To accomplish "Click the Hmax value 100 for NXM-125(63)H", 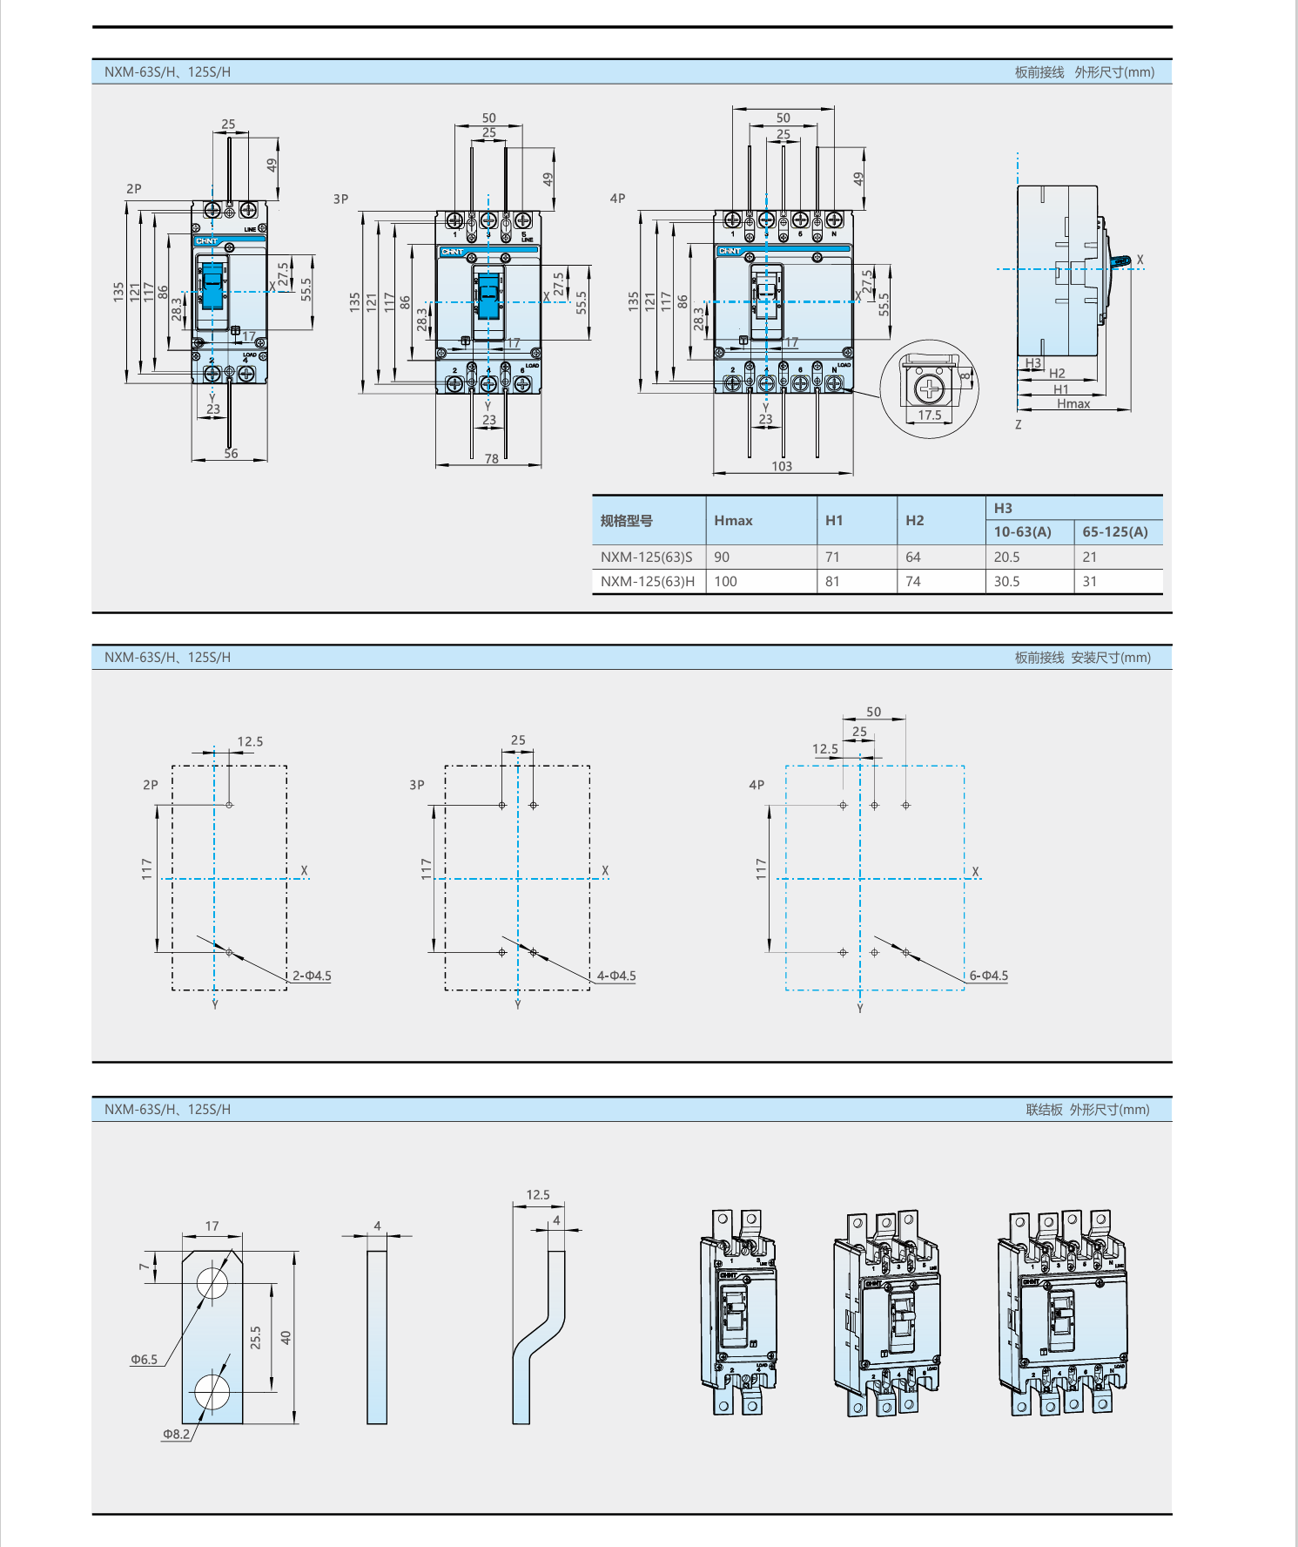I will (x=725, y=582).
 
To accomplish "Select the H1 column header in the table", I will (x=834, y=521).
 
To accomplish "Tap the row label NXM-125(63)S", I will (x=647, y=557).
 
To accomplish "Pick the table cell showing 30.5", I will (x=1006, y=582).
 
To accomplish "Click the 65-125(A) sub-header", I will (x=1115, y=532).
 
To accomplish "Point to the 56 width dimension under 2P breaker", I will (x=231, y=454).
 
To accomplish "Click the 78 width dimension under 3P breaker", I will (x=492, y=459).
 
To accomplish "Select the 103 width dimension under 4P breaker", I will (x=782, y=467).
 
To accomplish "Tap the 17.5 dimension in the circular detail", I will (x=930, y=415).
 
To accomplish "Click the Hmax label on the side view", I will (x=1073, y=404).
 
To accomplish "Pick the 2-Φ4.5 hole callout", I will (x=312, y=976).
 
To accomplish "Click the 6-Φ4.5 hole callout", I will (x=989, y=976).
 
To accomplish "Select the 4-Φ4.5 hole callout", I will (x=616, y=976).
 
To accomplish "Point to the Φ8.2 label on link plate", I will (x=176, y=1434).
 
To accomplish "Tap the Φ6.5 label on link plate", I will (x=145, y=1360).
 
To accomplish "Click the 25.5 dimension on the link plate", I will (x=256, y=1338).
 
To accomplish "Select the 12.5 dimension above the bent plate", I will (x=538, y=1195).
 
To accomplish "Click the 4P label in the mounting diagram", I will (x=757, y=785).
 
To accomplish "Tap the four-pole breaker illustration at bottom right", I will (x=1062, y=1312).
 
